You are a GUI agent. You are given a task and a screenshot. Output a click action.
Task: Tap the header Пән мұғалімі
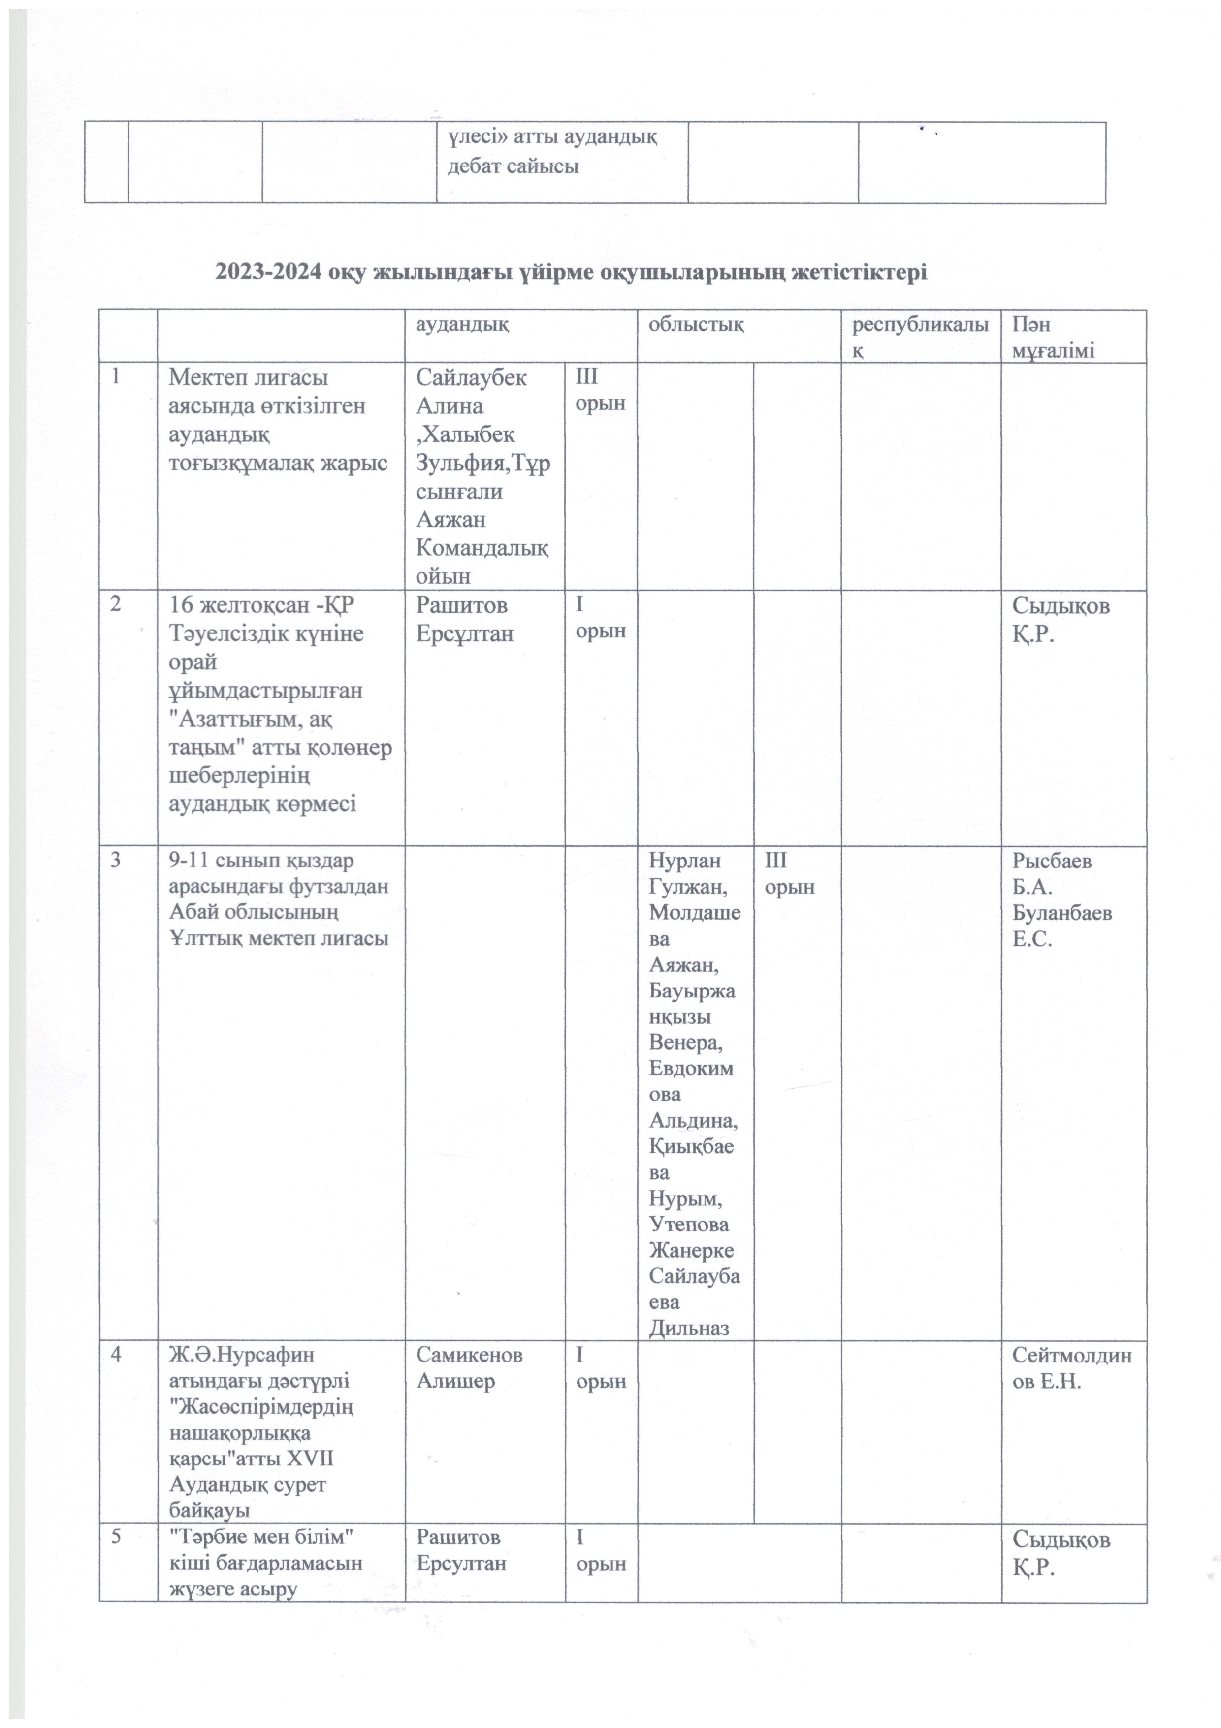tap(1053, 337)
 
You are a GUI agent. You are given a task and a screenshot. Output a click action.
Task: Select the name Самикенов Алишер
tap(469, 1367)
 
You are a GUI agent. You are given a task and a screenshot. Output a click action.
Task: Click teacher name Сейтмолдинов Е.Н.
tap(1071, 1367)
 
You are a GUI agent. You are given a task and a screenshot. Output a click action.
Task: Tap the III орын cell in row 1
tap(600, 390)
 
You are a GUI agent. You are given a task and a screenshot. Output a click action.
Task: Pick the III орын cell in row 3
tap(789, 873)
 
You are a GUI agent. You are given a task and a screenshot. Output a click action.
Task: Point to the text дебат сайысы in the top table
tap(513, 166)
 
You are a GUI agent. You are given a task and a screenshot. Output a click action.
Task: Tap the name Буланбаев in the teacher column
tap(1061, 913)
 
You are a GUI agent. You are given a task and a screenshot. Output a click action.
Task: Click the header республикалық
tap(919, 337)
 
